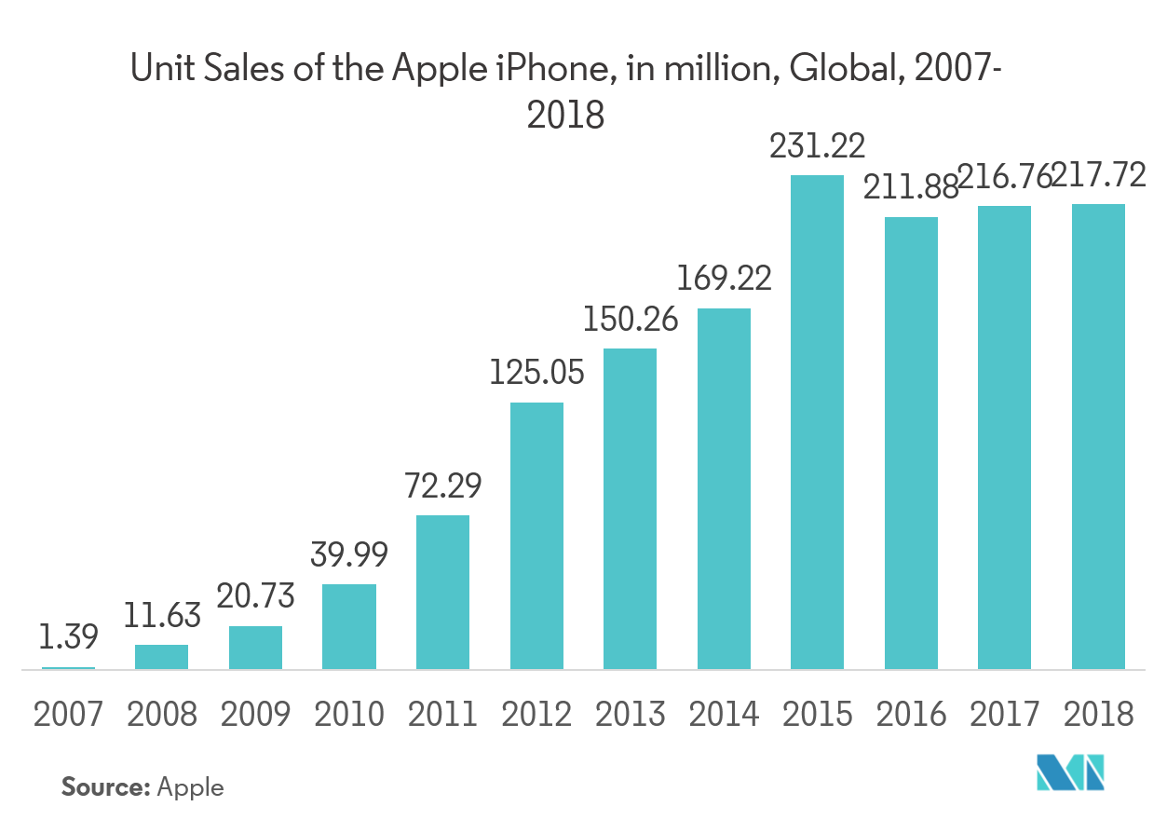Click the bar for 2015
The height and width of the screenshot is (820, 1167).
point(817,421)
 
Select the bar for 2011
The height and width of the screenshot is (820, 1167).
point(442,592)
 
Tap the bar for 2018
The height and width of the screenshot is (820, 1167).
point(1098,436)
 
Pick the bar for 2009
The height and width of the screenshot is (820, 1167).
point(255,647)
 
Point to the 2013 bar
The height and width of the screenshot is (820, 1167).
point(630,508)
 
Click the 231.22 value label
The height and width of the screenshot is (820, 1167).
point(817,146)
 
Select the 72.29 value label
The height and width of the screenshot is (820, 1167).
point(443,486)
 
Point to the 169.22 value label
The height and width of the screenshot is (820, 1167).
point(724,279)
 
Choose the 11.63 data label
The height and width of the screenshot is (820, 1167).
point(162,616)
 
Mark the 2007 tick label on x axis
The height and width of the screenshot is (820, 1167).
point(68,715)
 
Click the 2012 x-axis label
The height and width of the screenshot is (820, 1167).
point(536,715)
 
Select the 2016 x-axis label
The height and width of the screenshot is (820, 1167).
point(911,715)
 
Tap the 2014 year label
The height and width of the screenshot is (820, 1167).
point(724,715)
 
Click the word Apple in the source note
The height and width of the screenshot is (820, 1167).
point(191,787)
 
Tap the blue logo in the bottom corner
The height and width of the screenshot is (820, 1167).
point(1070,773)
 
